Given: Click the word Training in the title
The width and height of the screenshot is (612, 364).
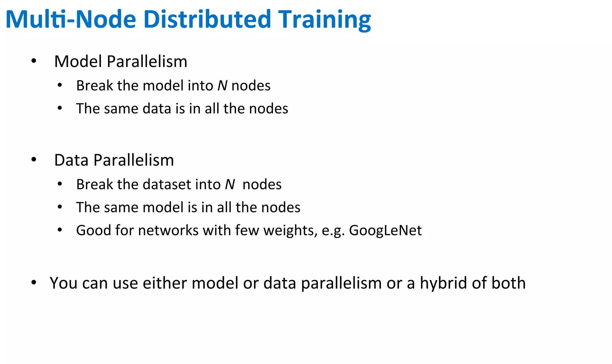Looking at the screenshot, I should coord(325,20).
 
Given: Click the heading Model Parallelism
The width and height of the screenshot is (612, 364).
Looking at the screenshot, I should coord(121,62).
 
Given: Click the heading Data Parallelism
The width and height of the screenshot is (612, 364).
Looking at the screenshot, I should coord(114,160).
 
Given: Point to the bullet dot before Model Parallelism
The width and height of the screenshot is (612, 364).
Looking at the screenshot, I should coord(34,61).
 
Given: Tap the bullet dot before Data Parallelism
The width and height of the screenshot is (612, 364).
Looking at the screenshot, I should coord(34,160).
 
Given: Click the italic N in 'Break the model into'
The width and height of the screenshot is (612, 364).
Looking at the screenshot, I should coord(222,86).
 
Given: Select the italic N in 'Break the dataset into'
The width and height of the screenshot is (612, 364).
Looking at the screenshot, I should coord(230,185).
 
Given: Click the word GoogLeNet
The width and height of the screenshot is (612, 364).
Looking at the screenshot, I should coord(385,231).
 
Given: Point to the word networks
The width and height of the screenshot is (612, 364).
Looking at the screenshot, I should coord(168,231).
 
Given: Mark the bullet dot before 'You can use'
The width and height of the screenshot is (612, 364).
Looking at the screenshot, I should coord(34,283).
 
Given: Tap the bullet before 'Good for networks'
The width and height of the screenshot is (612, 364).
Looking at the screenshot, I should coord(60,230).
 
